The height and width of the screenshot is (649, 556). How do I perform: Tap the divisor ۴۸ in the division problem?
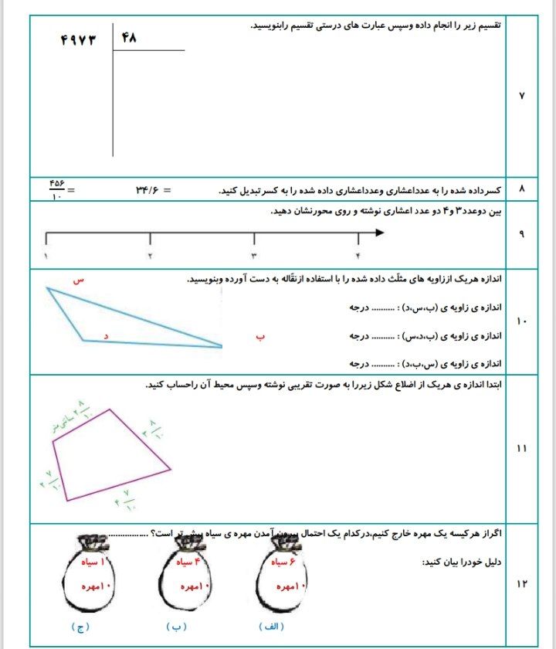click(x=128, y=36)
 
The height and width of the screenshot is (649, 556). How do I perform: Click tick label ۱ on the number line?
click(x=46, y=256)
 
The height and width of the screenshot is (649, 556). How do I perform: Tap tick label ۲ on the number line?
click(x=150, y=256)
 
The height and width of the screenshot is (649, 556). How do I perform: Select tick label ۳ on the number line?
click(x=253, y=256)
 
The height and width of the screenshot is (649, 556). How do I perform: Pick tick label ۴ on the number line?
click(x=358, y=256)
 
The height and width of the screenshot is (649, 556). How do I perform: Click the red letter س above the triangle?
click(x=77, y=281)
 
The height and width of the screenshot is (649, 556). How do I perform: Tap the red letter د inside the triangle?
click(x=106, y=336)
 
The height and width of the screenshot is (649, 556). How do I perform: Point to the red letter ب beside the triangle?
click(x=260, y=337)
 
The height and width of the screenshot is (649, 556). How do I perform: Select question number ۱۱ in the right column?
click(x=520, y=448)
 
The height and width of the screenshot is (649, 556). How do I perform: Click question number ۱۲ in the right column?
click(x=520, y=584)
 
